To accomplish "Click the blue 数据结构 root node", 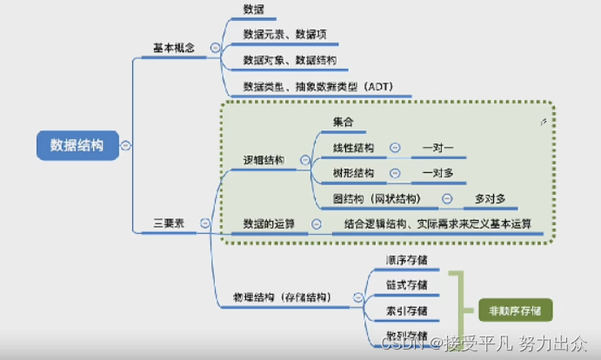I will pos(76,145).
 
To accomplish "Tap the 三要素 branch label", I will pos(170,223).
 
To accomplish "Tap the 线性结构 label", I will pos(353,148).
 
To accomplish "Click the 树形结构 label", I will pos(353,172).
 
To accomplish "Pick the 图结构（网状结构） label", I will pos(382,198).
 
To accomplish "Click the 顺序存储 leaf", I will pos(406,260).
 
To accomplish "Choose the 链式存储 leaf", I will pos(406,285).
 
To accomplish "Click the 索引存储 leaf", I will pos(406,310).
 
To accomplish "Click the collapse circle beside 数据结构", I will pos(128,145).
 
